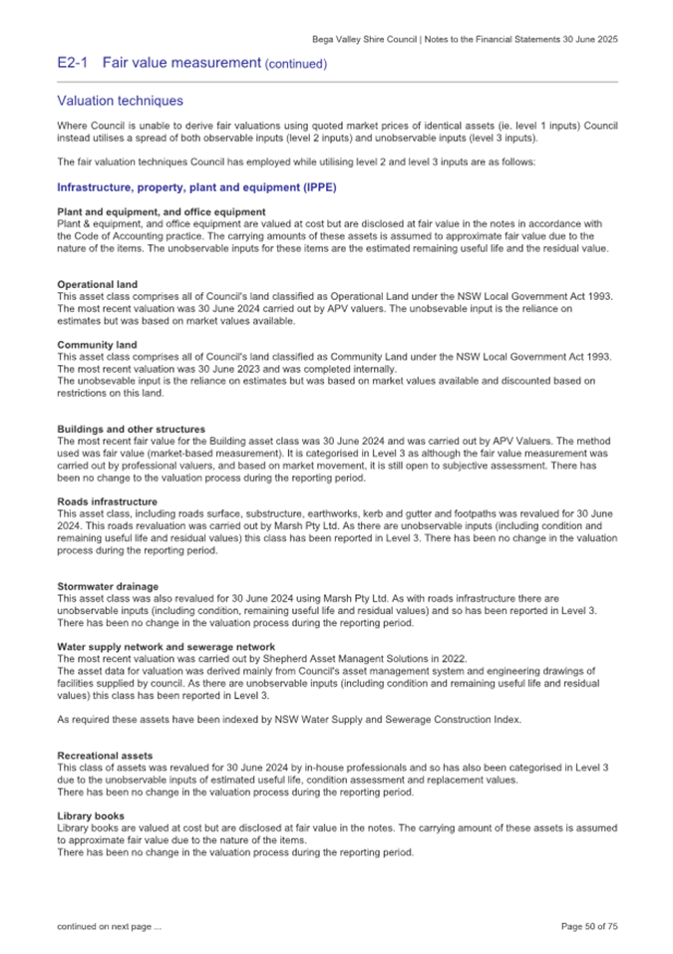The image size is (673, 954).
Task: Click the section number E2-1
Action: (x=74, y=63)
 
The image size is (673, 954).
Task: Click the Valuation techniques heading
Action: (x=120, y=101)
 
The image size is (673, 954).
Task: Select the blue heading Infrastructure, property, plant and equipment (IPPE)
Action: (x=196, y=187)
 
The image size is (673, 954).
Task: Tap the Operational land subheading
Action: (x=97, y=284)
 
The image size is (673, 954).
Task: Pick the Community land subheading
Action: (x=96, y=344)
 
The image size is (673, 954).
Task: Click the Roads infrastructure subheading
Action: (x=107, y=500)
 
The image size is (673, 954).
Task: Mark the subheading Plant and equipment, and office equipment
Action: (x=161, y=211)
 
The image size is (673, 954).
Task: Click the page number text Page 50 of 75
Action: (x=589, y=926)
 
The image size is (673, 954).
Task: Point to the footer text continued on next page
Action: (x=109, y=926)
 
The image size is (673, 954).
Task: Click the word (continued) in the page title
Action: (x=295, y=64)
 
